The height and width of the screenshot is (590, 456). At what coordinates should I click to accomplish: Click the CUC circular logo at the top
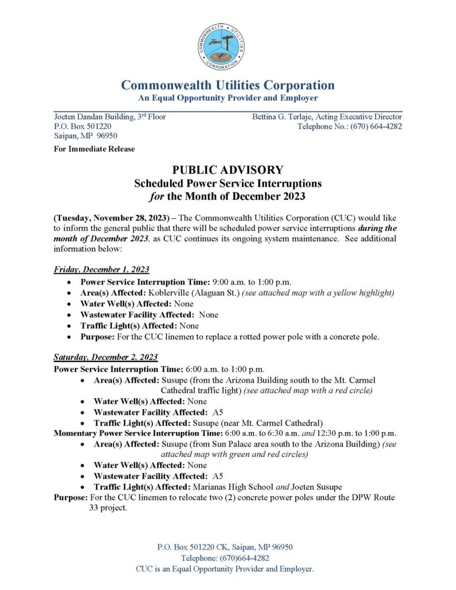222,47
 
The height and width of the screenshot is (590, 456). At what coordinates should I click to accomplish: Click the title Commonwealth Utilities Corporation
228,85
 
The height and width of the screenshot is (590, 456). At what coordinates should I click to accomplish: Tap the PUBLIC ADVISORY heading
228,170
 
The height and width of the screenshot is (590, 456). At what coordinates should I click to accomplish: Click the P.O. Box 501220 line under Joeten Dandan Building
82,126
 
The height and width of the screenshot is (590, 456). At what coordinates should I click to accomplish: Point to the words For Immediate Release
95,149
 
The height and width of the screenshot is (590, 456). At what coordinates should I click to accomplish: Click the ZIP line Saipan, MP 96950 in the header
85,135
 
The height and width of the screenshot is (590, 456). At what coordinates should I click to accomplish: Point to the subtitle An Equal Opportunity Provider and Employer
228,99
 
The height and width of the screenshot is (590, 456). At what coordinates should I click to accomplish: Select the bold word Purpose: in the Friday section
99,337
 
